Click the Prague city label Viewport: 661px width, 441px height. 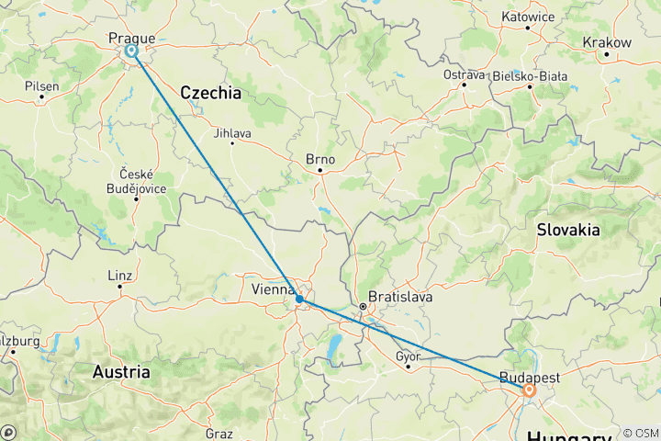coord(131,38)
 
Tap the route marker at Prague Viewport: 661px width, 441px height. coord(132,51)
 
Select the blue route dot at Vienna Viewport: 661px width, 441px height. coord(300,299)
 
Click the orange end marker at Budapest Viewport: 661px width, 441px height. coord(530,390)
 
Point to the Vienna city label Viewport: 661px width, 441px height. coord(272,290)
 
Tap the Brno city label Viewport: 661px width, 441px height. coord(320,158)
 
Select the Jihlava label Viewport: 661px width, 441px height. coord(231,132)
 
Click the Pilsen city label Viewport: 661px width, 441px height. coord(42,85)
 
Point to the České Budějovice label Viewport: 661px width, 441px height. coord(137,181)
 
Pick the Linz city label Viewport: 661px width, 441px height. coord(120,276)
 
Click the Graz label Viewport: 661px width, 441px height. coord(219,433)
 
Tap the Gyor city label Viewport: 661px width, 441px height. coord(408,356)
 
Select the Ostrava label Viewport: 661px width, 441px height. coord(464,73)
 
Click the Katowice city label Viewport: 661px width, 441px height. coord(529,16)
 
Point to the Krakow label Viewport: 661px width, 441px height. coord(607,42)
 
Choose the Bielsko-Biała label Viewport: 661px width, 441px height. coord(532,75)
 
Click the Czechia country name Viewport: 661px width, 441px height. coord(210,93)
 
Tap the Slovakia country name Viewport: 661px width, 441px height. coord(568,229)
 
